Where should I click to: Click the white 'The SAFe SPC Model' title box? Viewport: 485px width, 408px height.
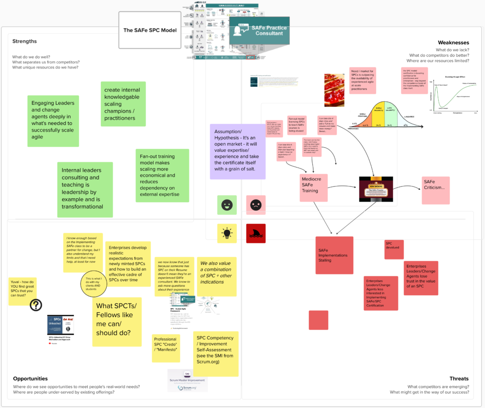[x=150, y=31]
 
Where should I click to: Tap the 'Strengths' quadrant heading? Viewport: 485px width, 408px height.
[x=25, y=42]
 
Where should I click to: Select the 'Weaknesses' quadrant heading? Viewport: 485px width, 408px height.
[x=453, y=43]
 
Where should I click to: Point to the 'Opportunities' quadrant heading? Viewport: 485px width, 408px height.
[x=30, y=379]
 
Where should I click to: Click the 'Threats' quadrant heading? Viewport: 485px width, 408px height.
[x=459, y=379]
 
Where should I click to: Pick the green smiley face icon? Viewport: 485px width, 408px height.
[x=227, y=205]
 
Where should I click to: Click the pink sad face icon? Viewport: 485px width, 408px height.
[x=256, y=205]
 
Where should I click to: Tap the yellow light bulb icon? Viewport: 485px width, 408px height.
[x=227, y=233]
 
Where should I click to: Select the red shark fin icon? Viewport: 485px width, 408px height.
[x=256, y=233]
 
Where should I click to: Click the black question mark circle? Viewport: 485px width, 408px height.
[x=36, y=305]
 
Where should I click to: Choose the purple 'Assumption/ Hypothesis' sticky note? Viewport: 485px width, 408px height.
[x=237, y=151]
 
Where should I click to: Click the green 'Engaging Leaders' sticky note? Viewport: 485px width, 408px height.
[x=53, y=120]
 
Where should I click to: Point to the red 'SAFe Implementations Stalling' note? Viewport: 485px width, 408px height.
[x=334, y=255]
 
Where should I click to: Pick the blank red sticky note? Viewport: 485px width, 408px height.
[x=318, y=320]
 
